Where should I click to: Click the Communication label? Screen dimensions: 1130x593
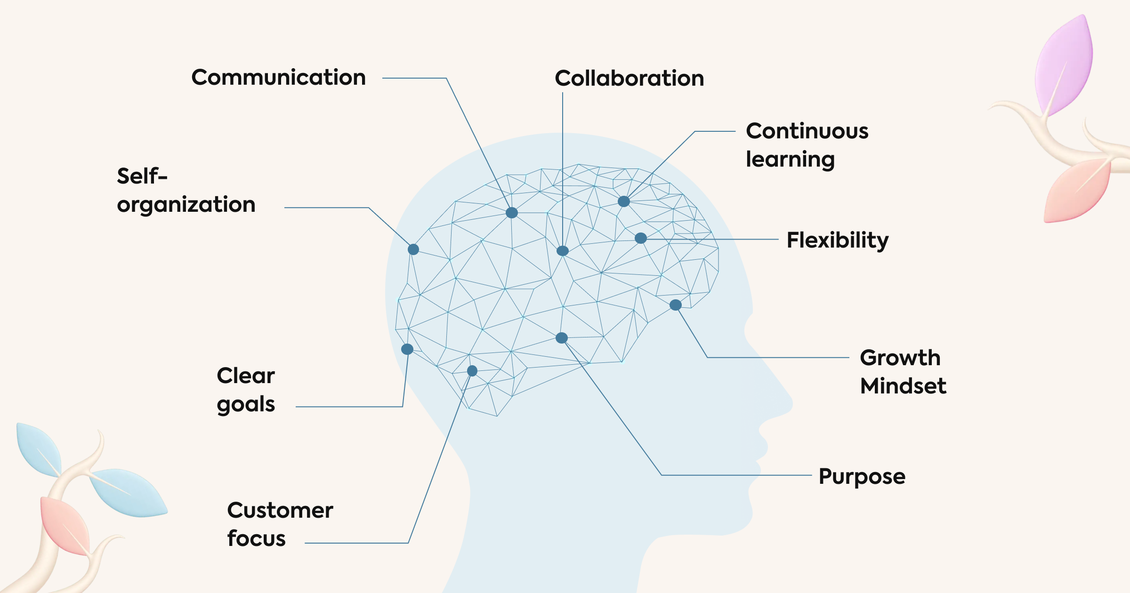[279, 77]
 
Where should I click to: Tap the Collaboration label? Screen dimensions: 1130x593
[630, 78]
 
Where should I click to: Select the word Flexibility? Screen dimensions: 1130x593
[838, 241]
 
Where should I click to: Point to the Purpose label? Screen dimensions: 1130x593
[862, 477]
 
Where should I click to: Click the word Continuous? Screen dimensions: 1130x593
[807, 131]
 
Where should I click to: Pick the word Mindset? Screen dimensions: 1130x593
[903, 386]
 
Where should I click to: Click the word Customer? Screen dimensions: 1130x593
[280, 510]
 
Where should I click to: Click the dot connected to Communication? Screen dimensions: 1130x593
[512, 213]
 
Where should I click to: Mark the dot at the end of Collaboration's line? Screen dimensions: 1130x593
[563, 251]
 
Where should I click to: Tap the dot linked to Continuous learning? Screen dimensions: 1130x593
[624, 201]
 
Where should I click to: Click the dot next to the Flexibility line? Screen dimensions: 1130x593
[641, 238]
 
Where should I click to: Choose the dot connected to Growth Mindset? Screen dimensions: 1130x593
[676, 305]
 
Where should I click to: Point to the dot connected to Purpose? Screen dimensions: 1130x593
[562, 338]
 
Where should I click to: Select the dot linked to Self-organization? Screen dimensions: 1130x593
[413, 249]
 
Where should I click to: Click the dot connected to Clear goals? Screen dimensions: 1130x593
[407, 349]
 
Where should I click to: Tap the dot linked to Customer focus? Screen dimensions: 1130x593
[472, 371]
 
